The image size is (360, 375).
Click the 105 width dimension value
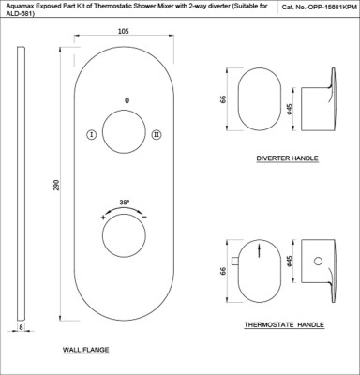[124, 31]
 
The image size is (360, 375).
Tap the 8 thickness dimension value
[21, 327]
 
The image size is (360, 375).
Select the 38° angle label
[125, 202]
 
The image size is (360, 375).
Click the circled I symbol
[91, 135]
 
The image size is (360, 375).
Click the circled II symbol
[157, 135]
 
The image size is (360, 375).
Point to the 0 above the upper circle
[127, 100]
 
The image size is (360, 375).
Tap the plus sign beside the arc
[103, 217]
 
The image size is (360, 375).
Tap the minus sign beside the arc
[144, 217]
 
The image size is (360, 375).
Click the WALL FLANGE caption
[86, 350]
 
